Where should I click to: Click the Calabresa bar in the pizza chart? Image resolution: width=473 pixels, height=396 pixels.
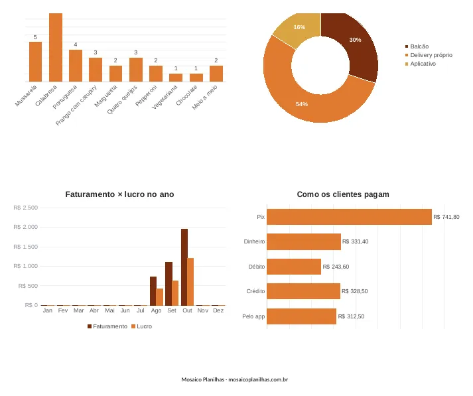[56, 47]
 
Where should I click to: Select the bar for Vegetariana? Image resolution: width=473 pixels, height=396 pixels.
[176, 78]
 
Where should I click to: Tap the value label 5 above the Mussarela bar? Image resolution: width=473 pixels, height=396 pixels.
[35, 37]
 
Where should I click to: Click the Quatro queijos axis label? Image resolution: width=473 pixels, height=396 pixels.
[122, 99]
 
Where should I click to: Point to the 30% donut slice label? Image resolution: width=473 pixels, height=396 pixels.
[355, 40]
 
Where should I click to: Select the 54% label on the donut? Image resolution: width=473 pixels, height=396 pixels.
[302, 104]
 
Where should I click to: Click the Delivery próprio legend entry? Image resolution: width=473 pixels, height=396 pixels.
[429, 55]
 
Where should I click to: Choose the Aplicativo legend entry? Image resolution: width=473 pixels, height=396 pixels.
[421, 64]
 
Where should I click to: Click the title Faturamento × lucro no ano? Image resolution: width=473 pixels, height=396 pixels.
[119, 194]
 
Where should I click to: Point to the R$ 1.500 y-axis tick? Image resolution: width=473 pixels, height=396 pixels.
[26, 247]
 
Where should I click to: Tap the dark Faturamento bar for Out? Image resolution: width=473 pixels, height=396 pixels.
[184, 267]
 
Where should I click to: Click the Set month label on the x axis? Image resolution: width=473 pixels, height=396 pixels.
[172, 310]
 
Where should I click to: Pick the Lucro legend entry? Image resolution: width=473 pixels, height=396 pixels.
[142, 326]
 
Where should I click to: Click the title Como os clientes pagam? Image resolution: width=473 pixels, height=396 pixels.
[343, 194]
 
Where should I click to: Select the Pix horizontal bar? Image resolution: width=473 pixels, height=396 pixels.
[350, 217]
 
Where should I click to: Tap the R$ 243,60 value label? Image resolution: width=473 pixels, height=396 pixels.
[336, 267]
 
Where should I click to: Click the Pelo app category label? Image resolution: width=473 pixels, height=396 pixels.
[253, 316]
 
